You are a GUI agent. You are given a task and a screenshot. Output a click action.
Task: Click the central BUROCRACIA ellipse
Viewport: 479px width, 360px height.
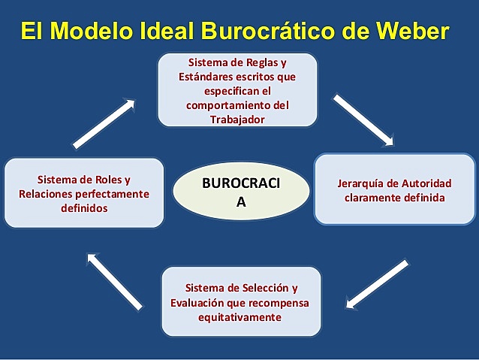coord(241,192)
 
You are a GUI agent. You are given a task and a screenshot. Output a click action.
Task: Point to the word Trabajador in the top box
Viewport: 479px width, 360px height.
coord(237,119)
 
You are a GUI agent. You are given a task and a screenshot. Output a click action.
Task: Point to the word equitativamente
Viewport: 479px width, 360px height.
coord(241,317)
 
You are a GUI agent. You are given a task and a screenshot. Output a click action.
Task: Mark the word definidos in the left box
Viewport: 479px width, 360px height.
coord(84,208)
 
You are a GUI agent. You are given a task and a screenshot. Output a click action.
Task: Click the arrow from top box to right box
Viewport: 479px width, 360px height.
coord(363,119)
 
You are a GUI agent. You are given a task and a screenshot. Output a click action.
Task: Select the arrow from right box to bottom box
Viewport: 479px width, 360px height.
coord(378,284)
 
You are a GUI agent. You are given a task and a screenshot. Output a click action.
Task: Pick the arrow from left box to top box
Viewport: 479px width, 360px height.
coord(104,123)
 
